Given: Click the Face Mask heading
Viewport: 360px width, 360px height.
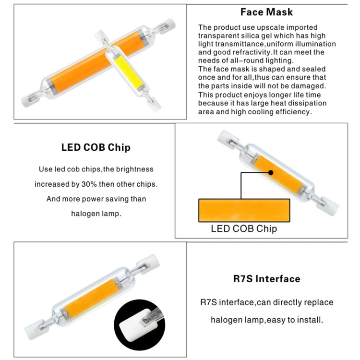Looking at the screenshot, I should coord(266,12).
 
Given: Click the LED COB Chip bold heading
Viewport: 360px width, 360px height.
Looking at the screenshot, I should coord(96,147).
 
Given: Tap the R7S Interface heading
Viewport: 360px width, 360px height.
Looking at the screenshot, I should coord(266,279).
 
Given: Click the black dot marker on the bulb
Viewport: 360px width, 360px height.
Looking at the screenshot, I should coord(271,172).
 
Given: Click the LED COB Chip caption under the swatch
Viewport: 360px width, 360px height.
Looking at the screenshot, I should coord(244,228).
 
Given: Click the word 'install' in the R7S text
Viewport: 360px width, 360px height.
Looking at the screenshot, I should coord(307,319).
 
